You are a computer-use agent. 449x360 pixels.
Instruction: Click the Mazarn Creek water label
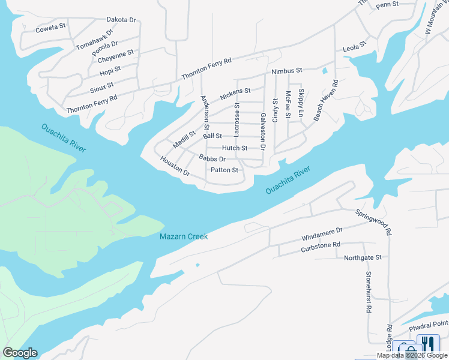184,236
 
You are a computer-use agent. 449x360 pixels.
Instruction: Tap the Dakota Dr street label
121,20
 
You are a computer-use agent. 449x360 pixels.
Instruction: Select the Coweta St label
50,28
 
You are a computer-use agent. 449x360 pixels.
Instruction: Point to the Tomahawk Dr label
94,40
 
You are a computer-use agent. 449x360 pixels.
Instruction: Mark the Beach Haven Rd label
325,100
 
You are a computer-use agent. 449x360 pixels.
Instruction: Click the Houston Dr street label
175,166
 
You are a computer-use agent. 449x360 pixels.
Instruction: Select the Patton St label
224,170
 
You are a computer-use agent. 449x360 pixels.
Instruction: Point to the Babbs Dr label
212,159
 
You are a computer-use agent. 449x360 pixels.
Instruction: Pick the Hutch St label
234,148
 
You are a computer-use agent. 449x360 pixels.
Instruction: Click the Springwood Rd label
373,222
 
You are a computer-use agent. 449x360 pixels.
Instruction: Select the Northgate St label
363,257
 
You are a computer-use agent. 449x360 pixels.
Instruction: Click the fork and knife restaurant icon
429,344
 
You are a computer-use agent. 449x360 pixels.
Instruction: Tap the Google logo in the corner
20,353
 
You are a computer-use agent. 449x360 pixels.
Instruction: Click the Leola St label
354,46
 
